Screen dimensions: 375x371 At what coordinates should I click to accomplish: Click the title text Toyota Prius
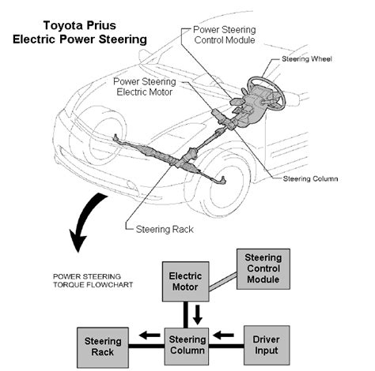point(80,25)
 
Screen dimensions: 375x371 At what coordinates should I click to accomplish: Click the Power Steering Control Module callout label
point(225,35)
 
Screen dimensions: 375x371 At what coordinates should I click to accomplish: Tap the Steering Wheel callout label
point(307,58)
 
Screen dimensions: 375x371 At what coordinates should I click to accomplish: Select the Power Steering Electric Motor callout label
point(145,87)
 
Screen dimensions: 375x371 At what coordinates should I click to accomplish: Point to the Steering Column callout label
point(310,178)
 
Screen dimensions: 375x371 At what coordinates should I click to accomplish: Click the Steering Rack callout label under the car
point(165,229)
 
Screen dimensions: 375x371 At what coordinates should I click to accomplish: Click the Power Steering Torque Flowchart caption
point(93,280)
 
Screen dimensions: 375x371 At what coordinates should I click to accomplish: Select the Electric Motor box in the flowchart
point(186,282)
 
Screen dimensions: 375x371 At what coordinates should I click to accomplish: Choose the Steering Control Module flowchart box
point(263,269)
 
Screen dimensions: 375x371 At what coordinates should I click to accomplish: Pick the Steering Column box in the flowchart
point(187,347)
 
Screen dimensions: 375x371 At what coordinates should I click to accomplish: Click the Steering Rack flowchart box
point(103,347)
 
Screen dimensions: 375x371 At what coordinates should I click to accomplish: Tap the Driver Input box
point(267,345)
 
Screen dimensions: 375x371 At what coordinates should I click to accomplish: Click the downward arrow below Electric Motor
point(198,315)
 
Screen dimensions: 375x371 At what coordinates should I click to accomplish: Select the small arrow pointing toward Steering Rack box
point(150,335)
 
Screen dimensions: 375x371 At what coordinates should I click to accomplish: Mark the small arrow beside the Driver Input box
point(223,335)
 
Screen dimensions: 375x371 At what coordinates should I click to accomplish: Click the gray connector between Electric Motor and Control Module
point(223,282)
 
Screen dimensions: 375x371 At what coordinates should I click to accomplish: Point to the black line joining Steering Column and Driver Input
point(226,346)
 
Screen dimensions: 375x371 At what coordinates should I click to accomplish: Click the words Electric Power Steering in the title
point(80,39)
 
